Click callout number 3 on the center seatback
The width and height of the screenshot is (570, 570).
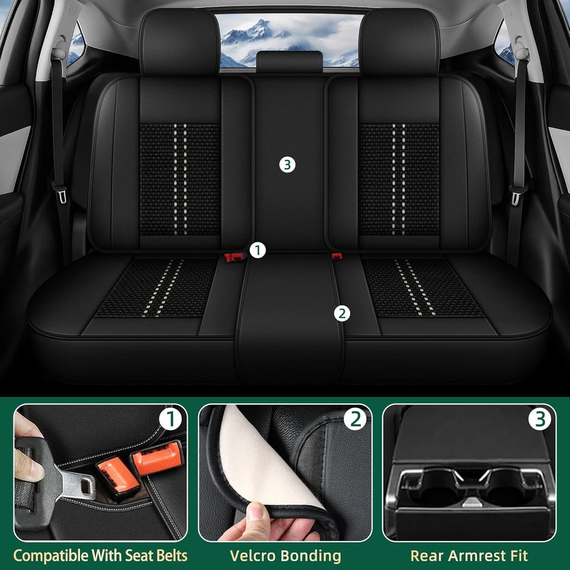tap(287, 165)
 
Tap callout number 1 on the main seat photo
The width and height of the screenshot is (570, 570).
tap(256, 251)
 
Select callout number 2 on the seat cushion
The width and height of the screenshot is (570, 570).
tap(341, 313)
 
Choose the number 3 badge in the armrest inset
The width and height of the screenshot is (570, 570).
tap(540, 420)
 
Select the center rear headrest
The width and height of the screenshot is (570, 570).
tap(289, 62)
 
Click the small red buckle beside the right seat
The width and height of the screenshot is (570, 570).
tap(337, 256)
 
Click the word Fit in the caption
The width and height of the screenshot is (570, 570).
tap(517, 556)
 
